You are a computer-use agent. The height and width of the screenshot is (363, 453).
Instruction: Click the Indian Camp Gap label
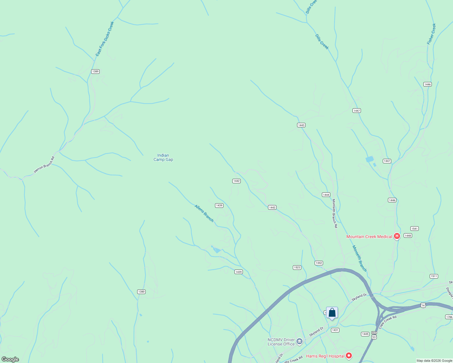(163, 157)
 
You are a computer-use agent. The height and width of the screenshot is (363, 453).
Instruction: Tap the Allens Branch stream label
(204, 213)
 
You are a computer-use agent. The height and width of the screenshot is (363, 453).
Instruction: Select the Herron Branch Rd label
(44, 165)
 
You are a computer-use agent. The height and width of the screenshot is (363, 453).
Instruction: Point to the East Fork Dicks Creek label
(105, 39)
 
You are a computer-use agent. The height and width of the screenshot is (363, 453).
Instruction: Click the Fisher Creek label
(432, 34)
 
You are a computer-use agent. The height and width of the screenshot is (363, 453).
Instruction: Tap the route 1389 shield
(95, 71)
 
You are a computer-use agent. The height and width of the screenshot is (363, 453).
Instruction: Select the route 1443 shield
(301, 125)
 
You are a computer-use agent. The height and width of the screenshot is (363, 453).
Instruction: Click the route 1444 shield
(326, 195)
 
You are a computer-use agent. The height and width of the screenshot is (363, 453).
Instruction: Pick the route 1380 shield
(141, 292)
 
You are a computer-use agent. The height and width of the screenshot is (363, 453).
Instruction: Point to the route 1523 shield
(297, 267)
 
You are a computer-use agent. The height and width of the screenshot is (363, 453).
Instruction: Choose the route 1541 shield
(415, 228)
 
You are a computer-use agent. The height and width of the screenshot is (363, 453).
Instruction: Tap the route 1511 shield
(434, 276)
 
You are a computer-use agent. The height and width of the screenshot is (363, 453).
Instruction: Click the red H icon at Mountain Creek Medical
(397, 236)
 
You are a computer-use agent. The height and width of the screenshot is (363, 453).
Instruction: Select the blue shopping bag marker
(332, 313)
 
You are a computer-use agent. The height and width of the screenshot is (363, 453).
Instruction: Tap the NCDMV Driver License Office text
(281, 342)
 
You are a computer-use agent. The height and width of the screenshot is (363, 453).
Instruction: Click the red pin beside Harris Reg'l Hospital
(349, 356)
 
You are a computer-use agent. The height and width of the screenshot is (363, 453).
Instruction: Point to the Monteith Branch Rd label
(335, 213)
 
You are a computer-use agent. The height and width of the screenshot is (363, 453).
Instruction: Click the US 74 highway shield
(423, 306)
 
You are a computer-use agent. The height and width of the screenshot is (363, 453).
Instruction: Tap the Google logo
(10, 359)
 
